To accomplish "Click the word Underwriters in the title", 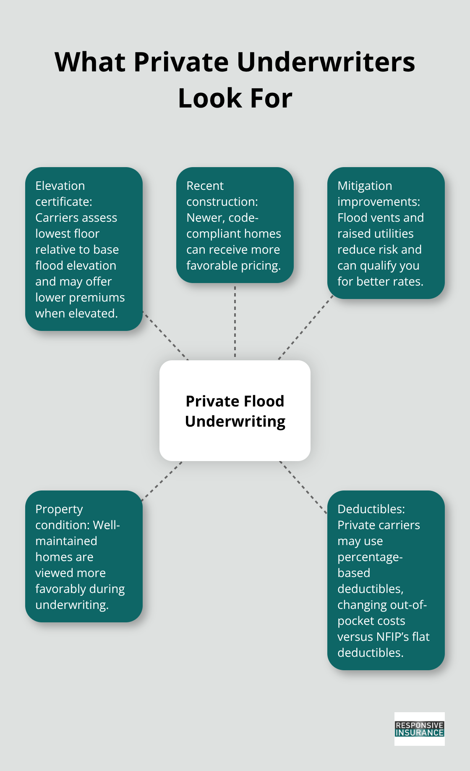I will (326, 62).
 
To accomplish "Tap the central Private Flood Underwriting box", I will (235, 411).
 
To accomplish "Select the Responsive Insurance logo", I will (419, 729).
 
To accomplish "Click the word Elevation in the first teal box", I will (60, 186).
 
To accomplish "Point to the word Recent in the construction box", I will (205, 186).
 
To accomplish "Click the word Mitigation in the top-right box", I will (365, 186).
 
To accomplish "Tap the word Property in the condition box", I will (59, 509).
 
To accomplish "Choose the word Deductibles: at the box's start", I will (371, 509).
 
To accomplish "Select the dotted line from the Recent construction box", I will (235, 321).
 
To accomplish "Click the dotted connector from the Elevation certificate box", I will (166, 336).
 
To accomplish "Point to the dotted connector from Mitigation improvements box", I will (305, 328).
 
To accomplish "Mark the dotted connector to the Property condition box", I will (162, 481).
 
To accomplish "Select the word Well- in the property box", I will (106, 525).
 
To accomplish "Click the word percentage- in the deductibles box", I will (370, 557).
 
